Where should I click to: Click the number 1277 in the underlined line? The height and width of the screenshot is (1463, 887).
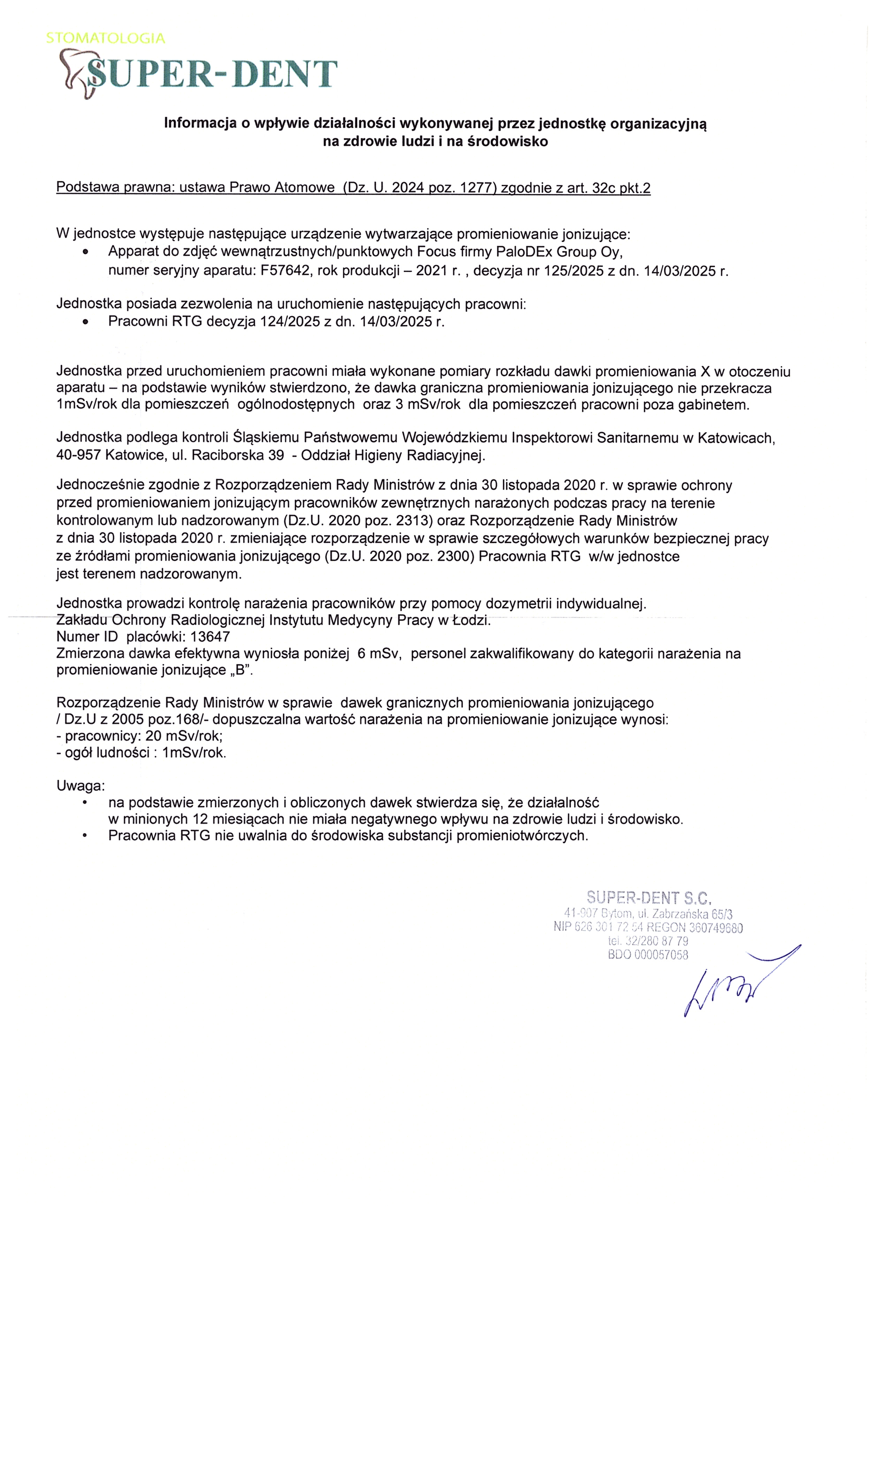tap(478, 188)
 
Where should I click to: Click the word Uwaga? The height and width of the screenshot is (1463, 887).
tap(80, 786)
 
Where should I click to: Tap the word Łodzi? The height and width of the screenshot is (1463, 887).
tap(471, 620)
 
